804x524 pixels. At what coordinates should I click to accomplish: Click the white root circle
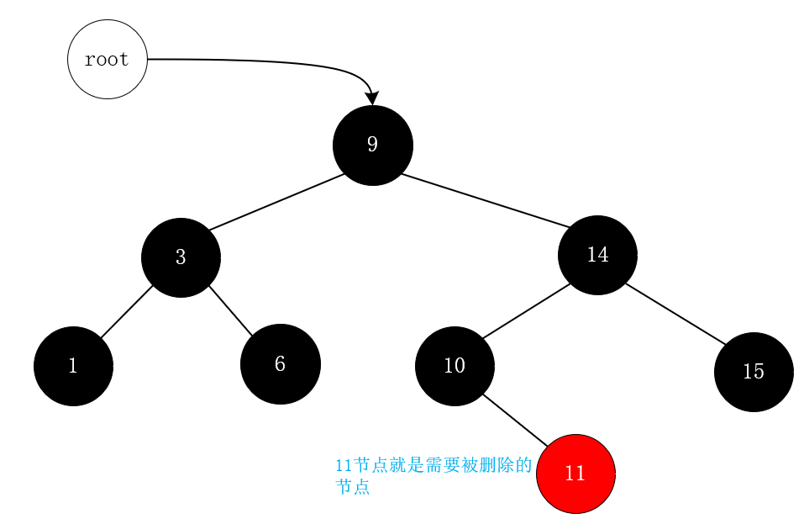pyautogui.click(x=108, y=60)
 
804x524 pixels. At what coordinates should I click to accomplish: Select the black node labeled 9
pyautogui.click(x=373, y=145)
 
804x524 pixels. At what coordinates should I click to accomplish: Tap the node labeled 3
pyautogui.click(x=181, y=257)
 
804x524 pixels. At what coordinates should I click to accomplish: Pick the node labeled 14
pyautogui.click(x=597, y=255)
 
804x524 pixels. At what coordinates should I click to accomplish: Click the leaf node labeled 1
pyautogui.click(x=73, y=366)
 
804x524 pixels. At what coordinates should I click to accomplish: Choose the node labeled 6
pyautogui.click(x=281, y=364)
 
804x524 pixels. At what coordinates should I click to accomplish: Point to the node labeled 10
pyautogui.click(x=455, y=366)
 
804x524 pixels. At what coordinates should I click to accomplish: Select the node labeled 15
pyautogui.click(x=754, y=372)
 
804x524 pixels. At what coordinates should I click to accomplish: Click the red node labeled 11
pyautogui.click(x=575, y=473)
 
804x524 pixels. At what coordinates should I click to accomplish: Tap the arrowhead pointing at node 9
pyautogui.click(x=373, y=98)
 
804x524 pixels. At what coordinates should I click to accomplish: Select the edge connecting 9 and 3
pyautogui.click(x=277, y=202)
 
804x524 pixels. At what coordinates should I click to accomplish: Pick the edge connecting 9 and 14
pyautogui.click(x=486, y=200)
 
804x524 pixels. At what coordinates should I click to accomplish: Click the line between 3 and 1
pyautogui.click(x=127, y=312)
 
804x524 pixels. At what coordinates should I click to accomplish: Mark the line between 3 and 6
pyautogui.click(x=230, y=310)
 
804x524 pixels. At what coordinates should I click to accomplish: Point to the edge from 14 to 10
pyautogui.click(x=527, y=311)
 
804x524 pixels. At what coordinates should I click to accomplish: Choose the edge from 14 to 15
pyautogui.click(x=675, y=315)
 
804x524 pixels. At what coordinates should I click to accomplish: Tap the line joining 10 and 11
pyautogui.click(x=515, y=420)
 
